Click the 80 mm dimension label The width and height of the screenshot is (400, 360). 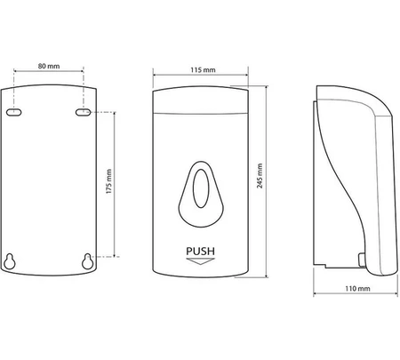49,66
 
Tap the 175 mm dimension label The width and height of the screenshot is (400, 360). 109,181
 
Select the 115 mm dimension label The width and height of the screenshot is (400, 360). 203,70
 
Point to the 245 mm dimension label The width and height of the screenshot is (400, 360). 260,176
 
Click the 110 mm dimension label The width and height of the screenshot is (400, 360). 357,288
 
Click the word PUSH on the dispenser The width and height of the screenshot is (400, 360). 200,252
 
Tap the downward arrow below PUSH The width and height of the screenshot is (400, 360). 200,261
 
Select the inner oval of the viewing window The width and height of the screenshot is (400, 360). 201,188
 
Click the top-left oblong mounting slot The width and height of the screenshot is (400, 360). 14,112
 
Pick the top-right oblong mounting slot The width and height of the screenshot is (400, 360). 83,112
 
